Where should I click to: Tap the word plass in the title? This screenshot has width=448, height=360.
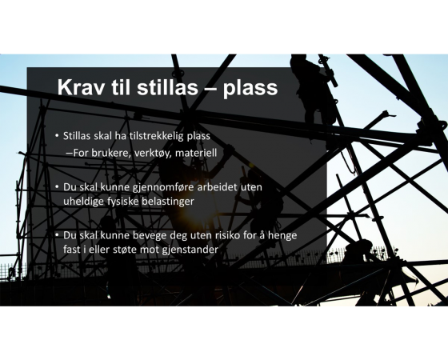(x=250, y=89)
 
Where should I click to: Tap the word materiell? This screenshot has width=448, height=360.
(x=196, y=153)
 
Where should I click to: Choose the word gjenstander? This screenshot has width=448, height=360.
(x=190, y=250)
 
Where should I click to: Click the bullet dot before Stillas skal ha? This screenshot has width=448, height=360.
(x=57, y=134)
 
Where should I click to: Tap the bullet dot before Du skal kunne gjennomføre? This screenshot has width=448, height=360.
(x=57, y=186)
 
